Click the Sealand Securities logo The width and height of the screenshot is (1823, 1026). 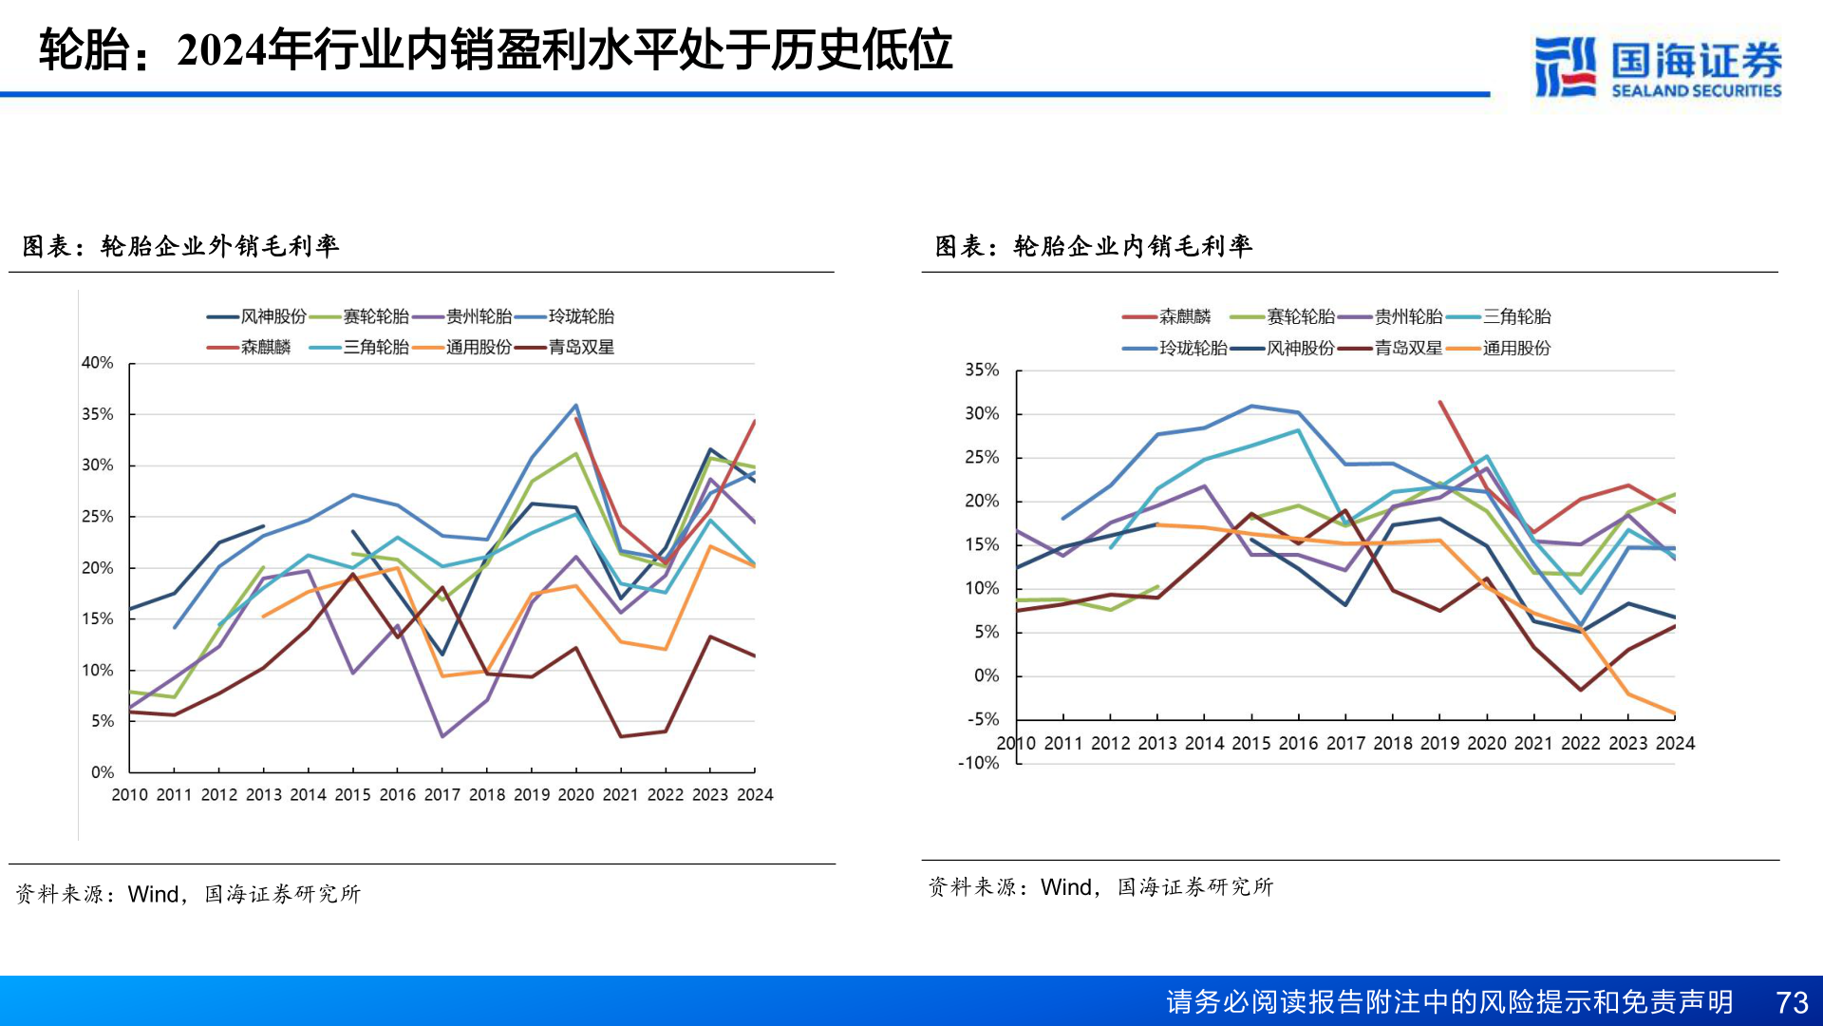pyautogui.click(x=1657, y=66)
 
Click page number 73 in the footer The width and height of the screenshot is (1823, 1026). pyautogui.click(x=1791, y=1002)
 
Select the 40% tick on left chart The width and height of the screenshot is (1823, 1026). pyautogui.click(x=97, y=363)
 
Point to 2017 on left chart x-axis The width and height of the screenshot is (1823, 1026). pyautogui.click(x=442, y=794)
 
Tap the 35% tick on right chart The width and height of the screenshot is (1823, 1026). pyautogui.click(x=982, y=370)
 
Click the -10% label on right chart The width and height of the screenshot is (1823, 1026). pyautogui.click(x=978, y=763)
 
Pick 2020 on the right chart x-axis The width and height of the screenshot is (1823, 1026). pyautogui.click(x=1486, y=743)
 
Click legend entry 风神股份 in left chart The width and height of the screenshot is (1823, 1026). pyautogui.click(x=273, y=316)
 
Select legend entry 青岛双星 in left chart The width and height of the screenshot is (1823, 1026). pyautogui.click(x=581, y=348)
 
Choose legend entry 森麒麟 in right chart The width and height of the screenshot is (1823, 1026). pyautogui.click(x=1185, y=316)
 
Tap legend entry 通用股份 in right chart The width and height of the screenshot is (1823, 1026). pyautogui.click(x=1516, y=348)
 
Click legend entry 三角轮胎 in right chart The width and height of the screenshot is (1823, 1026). pyautogui.click(x=1516, y=316)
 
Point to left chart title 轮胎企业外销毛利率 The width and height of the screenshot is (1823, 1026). pyautogui.click(x=219, y=246)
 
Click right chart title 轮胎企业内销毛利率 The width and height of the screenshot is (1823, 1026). pyautogui.click(x=1133, y=246)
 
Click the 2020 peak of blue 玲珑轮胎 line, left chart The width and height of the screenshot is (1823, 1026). pyautogui.click(x=576, y=406)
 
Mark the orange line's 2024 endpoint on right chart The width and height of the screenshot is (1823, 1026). pyautogui.click(x=1674, y=712)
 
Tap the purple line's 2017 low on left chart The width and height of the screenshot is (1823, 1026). pyautogui.click(x=442, y=736)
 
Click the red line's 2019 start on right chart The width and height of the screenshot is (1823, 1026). pyautogui.click(x=1440, y=402)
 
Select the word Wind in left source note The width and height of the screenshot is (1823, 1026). pyautogui.click(x=153, y=894)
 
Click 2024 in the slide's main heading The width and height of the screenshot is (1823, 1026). pyautogui.click(x=221, y=50)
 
